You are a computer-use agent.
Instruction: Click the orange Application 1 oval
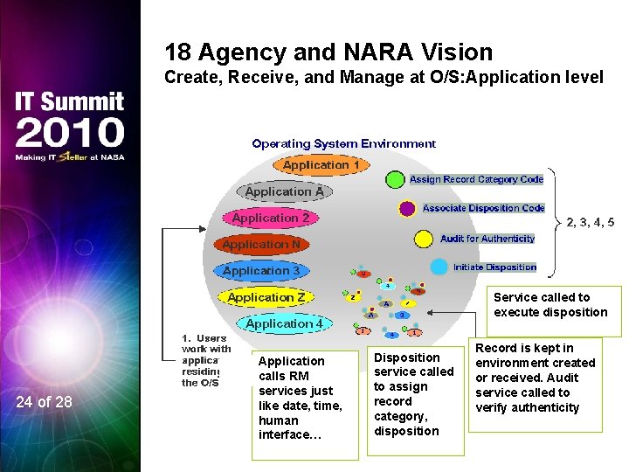321,164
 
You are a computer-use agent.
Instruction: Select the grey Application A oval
284,191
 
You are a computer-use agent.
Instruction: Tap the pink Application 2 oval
271,218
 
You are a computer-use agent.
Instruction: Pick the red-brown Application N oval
261,245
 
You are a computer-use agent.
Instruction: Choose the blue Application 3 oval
261,271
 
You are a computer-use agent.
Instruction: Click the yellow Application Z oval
266,297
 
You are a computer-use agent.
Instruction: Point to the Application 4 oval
284,323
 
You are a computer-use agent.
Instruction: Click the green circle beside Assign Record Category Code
395,179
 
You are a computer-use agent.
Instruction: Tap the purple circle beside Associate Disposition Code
407,209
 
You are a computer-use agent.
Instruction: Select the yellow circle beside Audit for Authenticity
424,239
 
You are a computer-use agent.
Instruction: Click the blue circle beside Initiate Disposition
439,267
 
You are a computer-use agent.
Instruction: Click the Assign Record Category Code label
476,179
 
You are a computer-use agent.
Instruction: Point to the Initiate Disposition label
494,267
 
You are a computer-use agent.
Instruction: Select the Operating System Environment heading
343,143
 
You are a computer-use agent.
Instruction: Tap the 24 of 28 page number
45,402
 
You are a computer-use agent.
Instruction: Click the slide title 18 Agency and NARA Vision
328,52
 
